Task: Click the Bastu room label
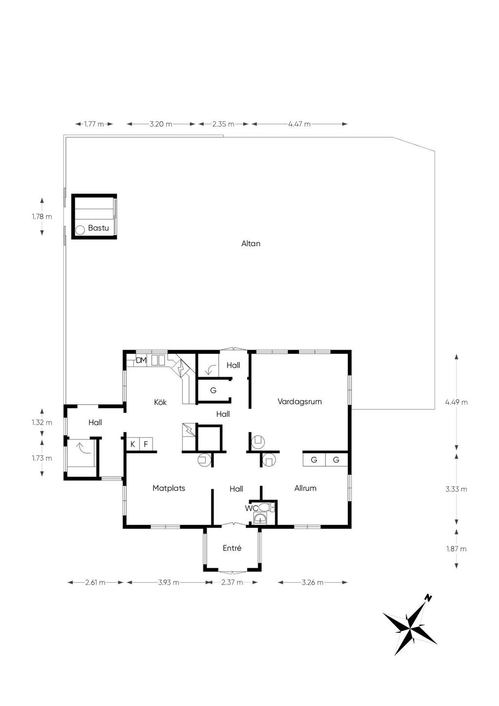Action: [98, 228]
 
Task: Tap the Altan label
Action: [251, 244]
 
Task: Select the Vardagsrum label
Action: [300, 402]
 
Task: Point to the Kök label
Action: [160, 402]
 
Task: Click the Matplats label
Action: [169, 488]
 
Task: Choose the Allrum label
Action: [305, 488]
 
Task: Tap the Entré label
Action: [232, 548]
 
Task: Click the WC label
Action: [251, 508]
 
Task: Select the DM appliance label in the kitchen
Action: [141, 360]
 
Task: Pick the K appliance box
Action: [133, 444]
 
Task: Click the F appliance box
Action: [146, 444]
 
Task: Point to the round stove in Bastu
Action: [80, 230]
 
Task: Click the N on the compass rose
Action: [428, 597]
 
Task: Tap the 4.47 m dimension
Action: [299, 124]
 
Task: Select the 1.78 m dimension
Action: [42, 216]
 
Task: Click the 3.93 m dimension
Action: [169, 582]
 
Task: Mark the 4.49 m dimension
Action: [457, 402]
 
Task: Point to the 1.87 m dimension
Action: [457, 549]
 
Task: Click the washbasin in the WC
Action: [260, 518]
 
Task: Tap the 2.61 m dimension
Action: [95, 582]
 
